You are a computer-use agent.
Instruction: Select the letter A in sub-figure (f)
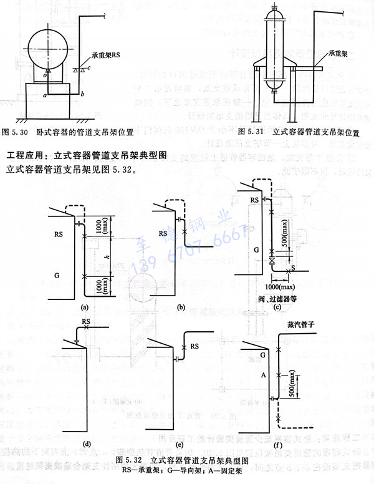[262, 375]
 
